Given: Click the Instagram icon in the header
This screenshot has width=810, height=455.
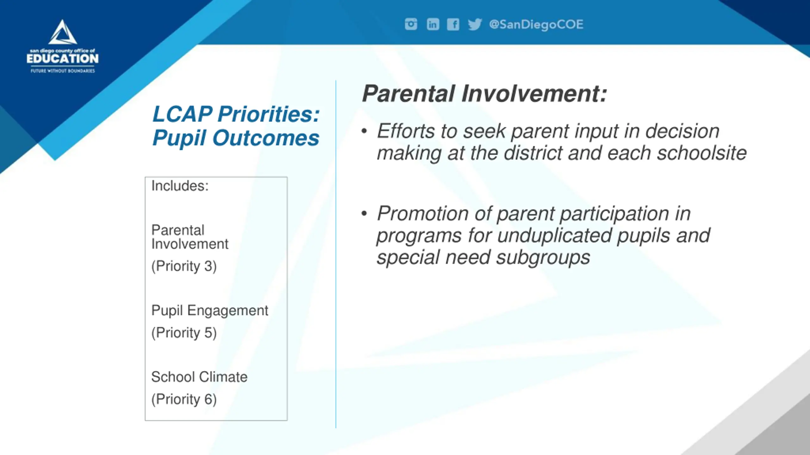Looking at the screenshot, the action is click(411, 24).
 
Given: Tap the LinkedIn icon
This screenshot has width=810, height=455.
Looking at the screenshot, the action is click(433, 24).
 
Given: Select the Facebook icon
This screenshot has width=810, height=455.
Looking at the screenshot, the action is click(453, 24).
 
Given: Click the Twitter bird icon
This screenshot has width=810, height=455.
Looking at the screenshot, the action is click(475, 24).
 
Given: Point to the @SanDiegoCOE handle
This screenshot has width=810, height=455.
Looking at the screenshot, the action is click(536, 25).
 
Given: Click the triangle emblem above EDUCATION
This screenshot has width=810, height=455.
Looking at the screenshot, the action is click(63, 32).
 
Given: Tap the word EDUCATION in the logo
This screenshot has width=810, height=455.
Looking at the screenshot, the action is click(63, 59).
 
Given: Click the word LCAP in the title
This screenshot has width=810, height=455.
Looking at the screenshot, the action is click(182, 114).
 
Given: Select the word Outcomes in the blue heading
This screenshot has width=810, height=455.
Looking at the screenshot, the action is click(266, 138).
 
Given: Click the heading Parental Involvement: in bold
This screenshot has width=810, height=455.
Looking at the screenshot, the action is click(484, 94).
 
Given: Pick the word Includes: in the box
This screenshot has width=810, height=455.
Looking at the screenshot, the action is click(180, 186).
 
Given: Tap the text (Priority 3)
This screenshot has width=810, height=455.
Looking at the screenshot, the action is click(184, 266).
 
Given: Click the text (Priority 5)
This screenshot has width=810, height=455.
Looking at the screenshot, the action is click(184, 333).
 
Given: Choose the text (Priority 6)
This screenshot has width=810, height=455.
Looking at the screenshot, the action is click(184, 399).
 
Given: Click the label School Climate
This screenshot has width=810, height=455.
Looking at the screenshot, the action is click(199, 377).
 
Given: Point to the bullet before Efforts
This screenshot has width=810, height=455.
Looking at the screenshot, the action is click(364, 131).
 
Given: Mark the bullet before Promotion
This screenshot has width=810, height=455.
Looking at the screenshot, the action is click(364, 214).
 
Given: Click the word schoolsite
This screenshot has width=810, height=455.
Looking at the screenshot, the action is click(702, 153).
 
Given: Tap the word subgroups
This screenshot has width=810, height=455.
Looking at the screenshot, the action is click(543, 258).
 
